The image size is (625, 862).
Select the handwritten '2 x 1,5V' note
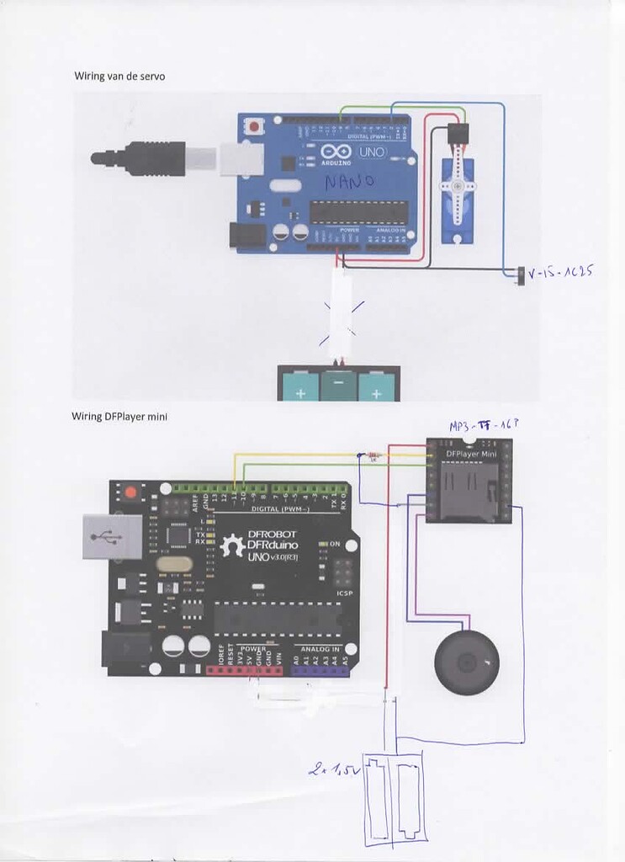pos(334,769)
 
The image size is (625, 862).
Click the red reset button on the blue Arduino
pos(253,127)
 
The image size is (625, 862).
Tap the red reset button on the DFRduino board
pos(130,492)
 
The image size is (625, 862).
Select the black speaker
pos(465,662)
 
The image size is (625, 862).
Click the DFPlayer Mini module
pos(468,480)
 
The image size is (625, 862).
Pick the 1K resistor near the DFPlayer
pos(373,455)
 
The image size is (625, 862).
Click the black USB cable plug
pos(140,158)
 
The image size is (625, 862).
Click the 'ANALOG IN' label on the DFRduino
pos(320,649)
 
